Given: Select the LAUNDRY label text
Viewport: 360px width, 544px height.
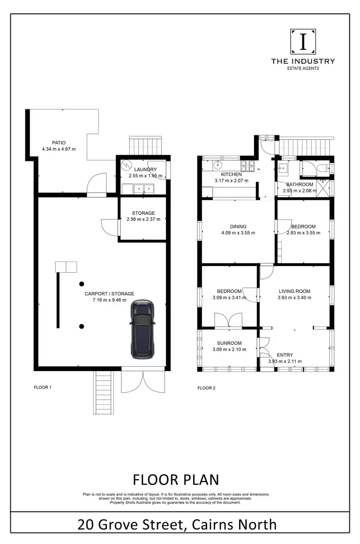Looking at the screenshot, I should pos(145,169).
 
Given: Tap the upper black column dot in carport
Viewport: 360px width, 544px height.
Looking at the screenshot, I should pos(82,284).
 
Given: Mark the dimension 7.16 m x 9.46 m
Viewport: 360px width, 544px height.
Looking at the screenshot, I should pos(109,300).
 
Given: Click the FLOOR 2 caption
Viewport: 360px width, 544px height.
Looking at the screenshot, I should pos(207,387).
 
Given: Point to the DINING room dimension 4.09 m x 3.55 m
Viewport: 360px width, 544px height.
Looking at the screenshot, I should pos(238,233).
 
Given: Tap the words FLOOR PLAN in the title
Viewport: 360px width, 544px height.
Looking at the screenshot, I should pos(175,479).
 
